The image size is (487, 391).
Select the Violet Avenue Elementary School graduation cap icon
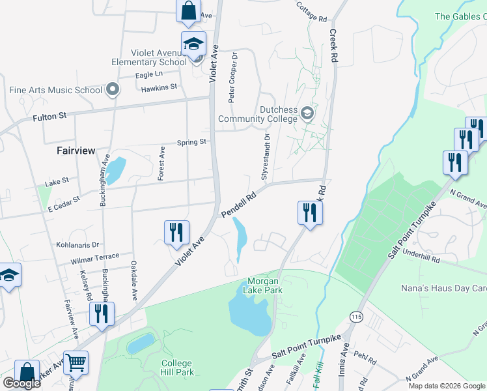tap(193, 44)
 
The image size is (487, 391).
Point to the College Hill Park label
tap(176, 368)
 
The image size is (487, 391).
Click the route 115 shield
tap(356, 315)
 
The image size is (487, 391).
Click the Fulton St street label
tap(50, 118)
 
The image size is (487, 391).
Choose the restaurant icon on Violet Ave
tap(176, 232)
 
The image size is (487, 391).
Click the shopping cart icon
tap(76, 363)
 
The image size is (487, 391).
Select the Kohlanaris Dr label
tap(77, 245)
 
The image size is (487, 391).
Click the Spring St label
tap(191, 141)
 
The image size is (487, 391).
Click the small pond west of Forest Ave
tap(115, 170)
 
